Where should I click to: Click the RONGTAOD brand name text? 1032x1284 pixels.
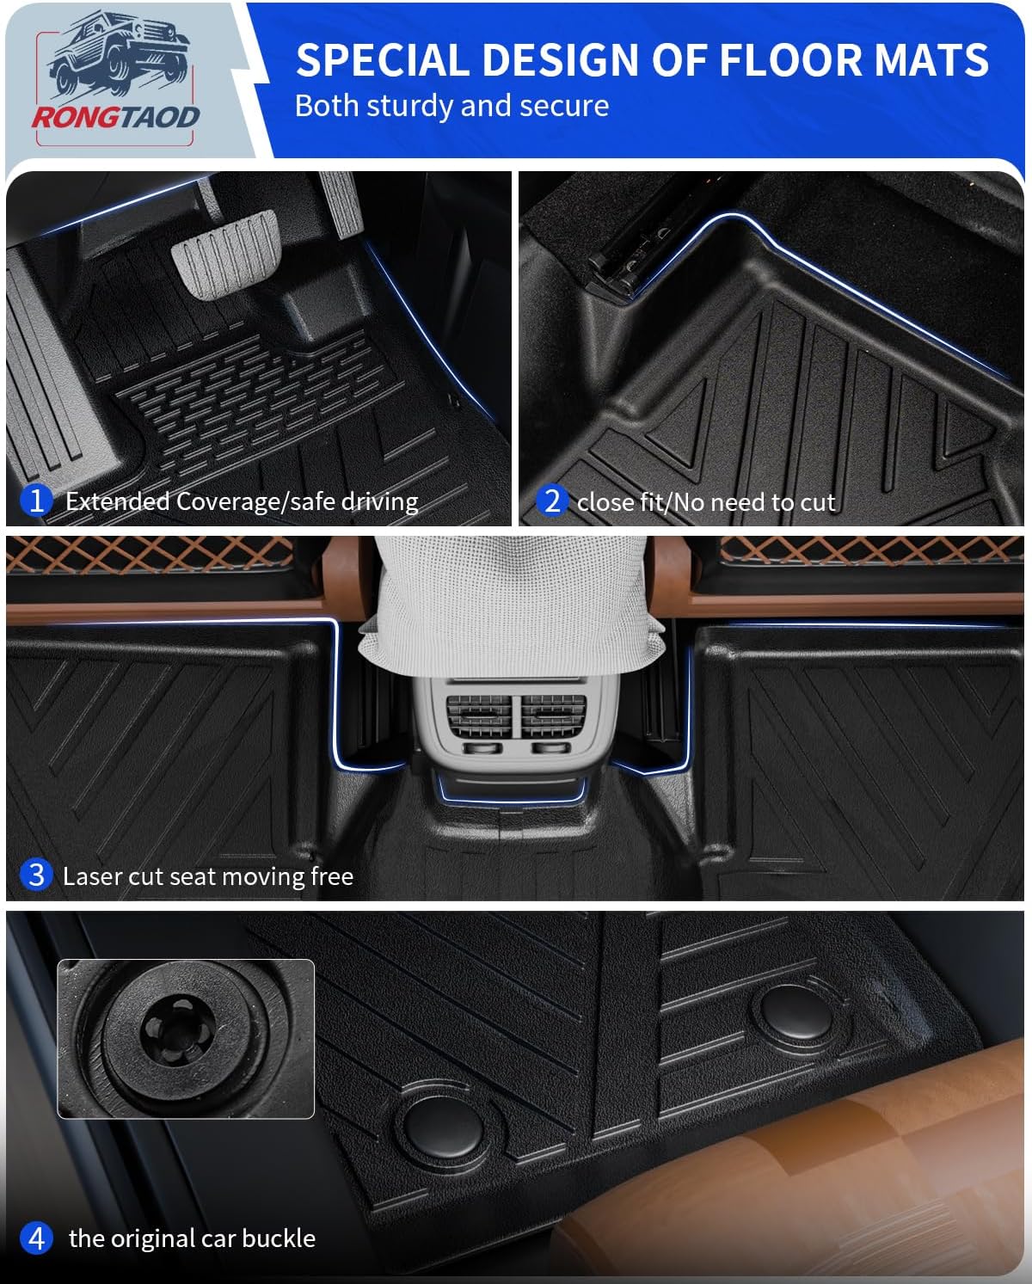(115, 117)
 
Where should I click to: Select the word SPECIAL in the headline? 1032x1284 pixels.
(383, 60)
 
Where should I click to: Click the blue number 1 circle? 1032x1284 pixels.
(36, 500)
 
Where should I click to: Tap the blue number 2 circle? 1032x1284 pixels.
(552, 500)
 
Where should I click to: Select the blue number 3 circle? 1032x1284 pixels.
(36, 875)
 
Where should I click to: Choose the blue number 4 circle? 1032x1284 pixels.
(36, 1238)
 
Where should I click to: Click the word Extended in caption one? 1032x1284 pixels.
(118, 501)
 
